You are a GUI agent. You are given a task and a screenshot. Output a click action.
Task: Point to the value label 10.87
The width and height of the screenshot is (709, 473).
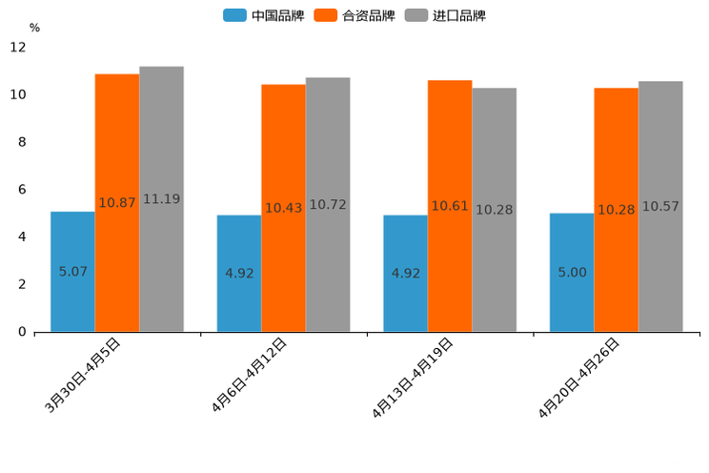tap(117, 203)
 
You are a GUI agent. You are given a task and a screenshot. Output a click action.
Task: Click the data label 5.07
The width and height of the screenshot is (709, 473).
tap(72, 272)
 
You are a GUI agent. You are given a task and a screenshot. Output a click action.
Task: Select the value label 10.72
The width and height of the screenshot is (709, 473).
tap(328, 205)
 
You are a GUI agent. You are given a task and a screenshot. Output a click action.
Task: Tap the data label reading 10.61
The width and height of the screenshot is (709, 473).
tap(450, 206)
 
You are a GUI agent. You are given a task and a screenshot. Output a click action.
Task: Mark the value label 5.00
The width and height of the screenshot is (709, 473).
tap(572, 273)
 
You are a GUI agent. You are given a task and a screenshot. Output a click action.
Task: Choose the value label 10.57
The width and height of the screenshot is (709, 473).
tap(660, 206)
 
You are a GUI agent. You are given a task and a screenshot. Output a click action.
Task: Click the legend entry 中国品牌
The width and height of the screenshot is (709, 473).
tap(264, 15)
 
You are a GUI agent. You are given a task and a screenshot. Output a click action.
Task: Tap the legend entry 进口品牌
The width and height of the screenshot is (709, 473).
tap(445, 15)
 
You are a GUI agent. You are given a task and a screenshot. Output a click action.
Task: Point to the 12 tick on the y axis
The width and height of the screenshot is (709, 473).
tap(18, 47)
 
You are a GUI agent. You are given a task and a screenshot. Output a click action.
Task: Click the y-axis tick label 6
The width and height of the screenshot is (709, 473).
tap(22, 190)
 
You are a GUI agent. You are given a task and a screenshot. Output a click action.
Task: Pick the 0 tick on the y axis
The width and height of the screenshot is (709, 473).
tap(22, 332)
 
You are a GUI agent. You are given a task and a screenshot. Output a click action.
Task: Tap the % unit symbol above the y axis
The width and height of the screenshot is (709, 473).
tap(34, 28)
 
